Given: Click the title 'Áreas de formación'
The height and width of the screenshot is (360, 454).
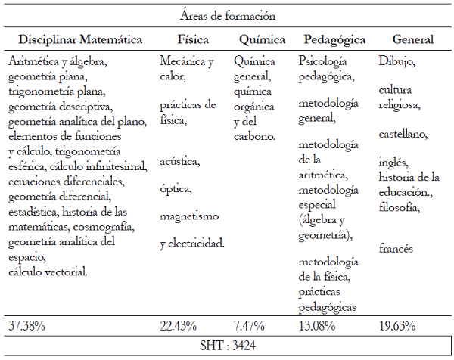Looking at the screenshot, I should [228, 15].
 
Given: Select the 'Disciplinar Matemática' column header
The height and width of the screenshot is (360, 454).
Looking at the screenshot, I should [80, 39].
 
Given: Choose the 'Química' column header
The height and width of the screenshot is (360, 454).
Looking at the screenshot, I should [261, 39].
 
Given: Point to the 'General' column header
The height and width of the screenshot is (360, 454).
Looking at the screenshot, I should [412, 39].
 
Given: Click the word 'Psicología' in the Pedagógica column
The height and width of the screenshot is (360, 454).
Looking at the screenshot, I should [324, 60].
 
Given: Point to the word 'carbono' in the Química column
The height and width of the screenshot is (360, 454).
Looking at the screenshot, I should [253, 136].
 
